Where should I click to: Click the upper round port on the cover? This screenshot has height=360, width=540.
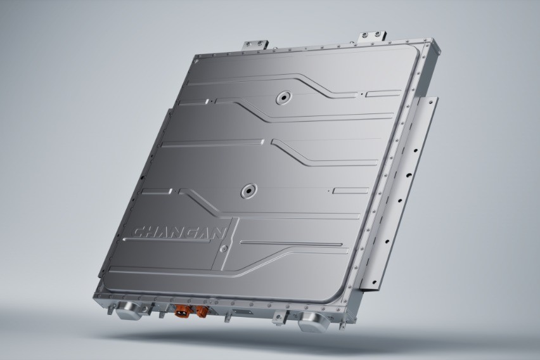pos(281,98)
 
